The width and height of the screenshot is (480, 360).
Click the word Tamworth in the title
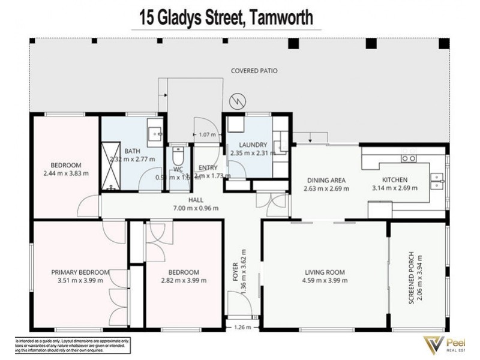click(278, 18)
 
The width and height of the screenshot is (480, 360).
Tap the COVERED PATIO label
click(254, 71)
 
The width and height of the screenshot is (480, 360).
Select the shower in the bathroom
click(110, 166)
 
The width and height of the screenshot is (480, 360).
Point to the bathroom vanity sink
click(155, 133)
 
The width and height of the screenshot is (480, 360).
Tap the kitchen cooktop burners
click(409, 158)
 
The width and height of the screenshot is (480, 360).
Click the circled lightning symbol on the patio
click(238, 101)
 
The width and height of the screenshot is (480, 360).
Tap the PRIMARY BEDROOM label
click(80, 272)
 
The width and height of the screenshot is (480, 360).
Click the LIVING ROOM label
click(325, 272)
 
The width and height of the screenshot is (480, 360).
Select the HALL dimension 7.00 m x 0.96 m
click(197, 208)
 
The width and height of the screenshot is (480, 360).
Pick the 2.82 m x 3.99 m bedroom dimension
click(184, 280)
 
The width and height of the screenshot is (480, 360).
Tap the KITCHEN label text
click(395, 179)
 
